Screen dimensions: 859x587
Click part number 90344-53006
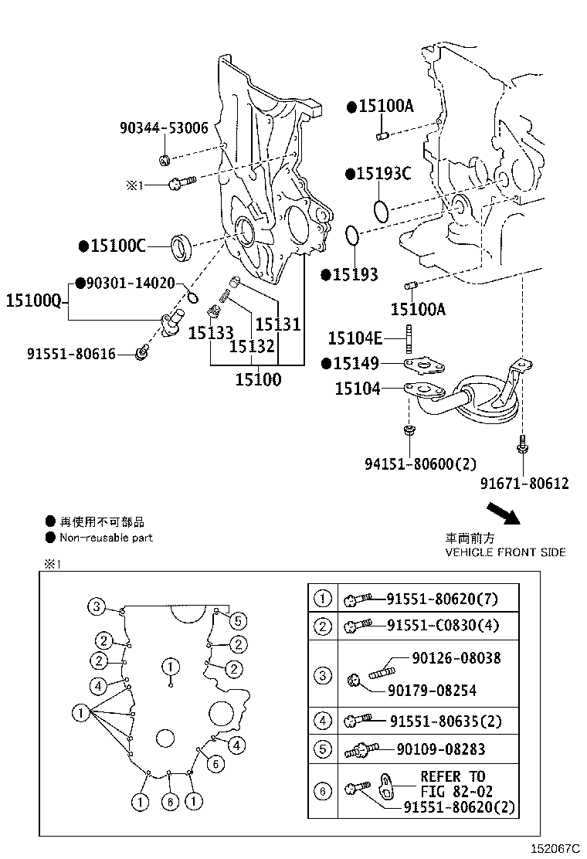(164, 128)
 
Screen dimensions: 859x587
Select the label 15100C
(117, 246)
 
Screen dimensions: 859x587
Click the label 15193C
(383, 174)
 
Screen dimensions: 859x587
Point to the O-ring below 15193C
(380, 210)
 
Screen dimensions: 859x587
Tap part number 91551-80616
(71, 354)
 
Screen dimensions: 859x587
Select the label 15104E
(355, 338)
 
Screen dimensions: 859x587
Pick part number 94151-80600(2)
(420, 463)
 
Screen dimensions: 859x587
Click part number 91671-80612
(524, 484)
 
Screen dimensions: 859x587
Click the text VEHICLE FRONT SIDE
(505, 552)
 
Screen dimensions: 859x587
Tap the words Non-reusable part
(106, 538)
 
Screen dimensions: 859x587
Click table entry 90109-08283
(441, 749)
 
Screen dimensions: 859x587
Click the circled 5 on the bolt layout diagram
(238, 620)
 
